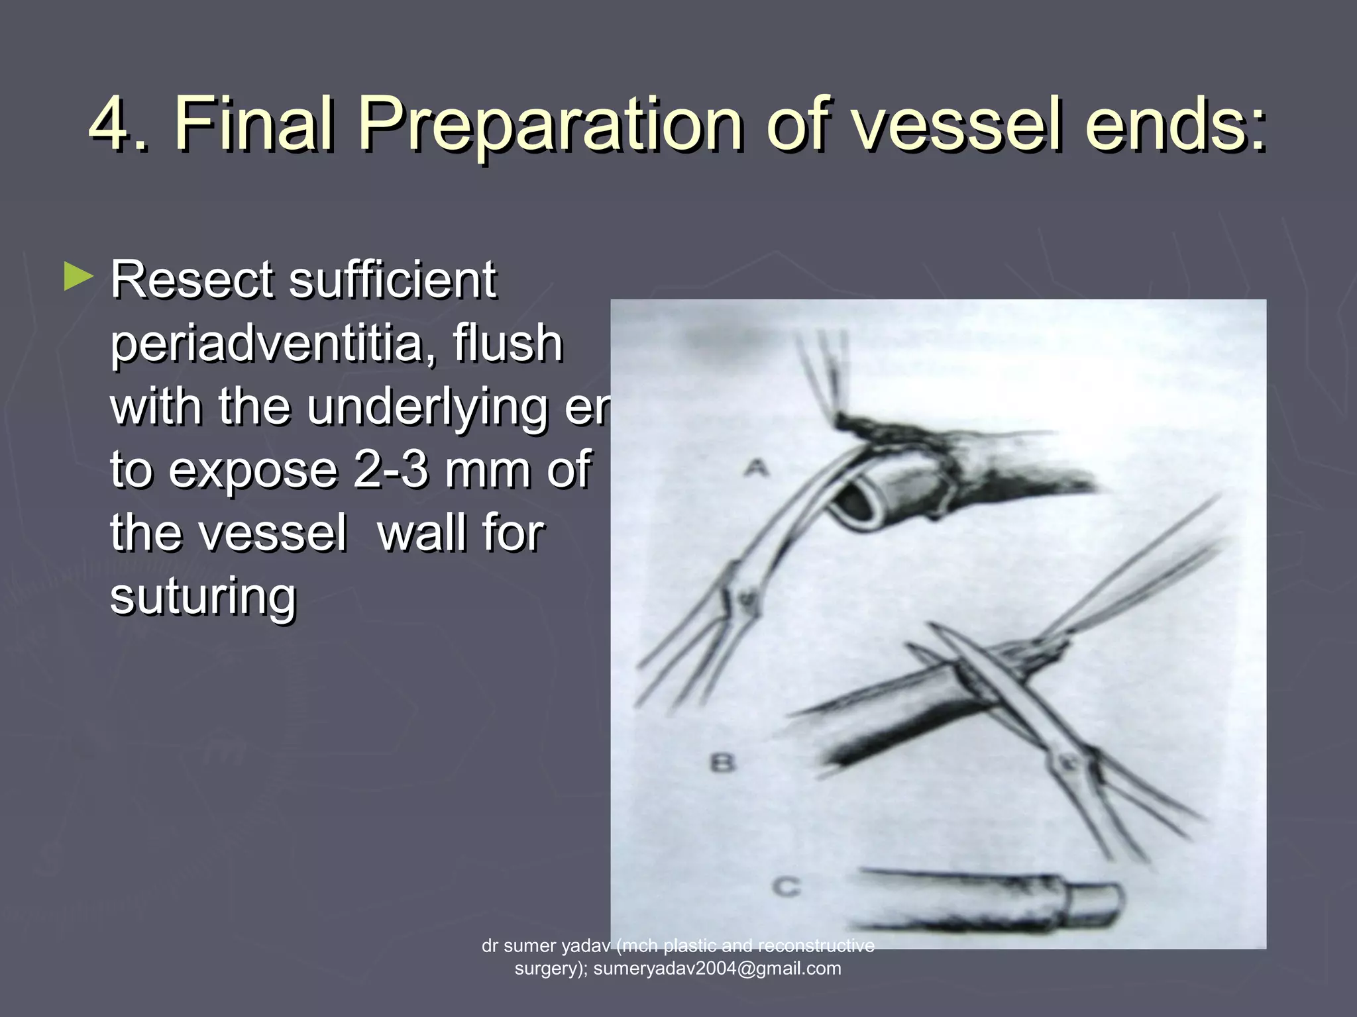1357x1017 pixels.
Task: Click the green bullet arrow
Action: point(78,277)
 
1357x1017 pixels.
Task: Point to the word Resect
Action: point(192,279)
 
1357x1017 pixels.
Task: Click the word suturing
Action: point(203,596)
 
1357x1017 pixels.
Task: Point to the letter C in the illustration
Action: point(787,886)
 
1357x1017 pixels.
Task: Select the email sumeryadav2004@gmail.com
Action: point(717,969)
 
